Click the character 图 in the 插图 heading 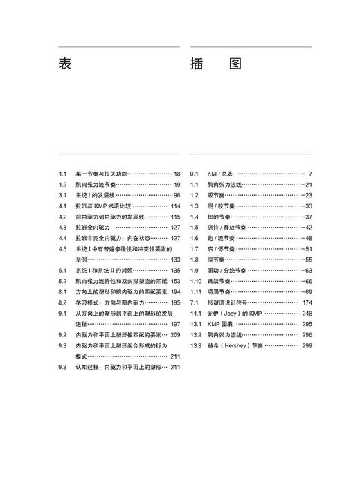coord(235,64)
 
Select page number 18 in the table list coord(177,174)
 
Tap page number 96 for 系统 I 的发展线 coord(177,195)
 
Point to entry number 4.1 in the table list coord(62,206)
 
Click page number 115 coord(175,217)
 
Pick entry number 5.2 coord(62,281)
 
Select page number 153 coord(175,281)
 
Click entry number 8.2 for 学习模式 coord(62,302)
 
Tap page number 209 coord(175,334)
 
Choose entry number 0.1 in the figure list coord(195,174)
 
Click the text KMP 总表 coord(221,174)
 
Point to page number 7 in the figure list coord(311,174)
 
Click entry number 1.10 coord(196,281)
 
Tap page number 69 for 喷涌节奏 coord(309,291)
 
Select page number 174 coord(307,302)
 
